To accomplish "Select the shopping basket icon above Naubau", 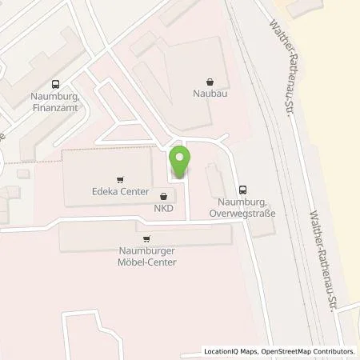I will click(210, 81).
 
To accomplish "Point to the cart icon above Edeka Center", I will click(120, 179).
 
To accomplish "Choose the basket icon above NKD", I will click(165, 196).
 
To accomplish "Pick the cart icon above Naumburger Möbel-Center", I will click(146, 238).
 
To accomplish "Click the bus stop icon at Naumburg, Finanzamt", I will click(55, 84).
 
